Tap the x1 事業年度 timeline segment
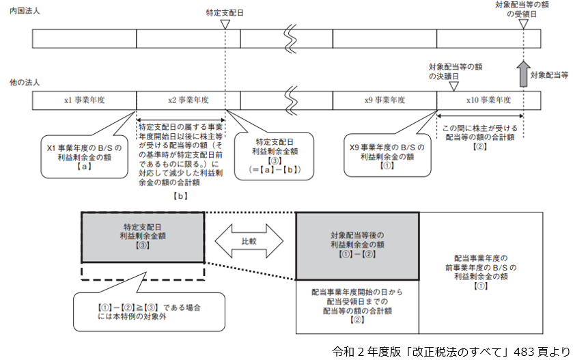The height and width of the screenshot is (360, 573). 84,100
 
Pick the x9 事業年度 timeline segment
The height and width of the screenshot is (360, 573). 385,100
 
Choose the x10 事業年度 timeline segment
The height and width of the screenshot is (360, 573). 489,100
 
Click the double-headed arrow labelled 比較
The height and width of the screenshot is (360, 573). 249,241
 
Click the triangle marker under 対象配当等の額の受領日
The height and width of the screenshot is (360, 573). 522,24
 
